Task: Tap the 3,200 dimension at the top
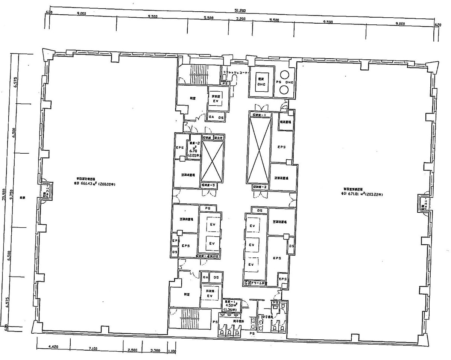tap(241, 19)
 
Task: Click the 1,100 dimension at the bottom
tap(172, 352)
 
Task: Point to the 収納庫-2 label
tap(260, 186)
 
